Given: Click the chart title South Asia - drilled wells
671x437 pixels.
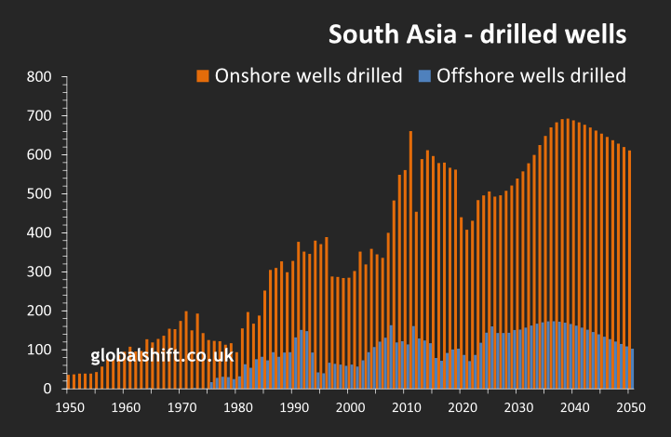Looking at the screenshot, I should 476,34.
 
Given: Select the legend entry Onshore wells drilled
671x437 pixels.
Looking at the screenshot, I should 308,75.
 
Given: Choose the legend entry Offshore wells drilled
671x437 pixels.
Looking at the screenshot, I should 531,75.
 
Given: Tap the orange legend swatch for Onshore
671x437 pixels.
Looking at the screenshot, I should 202,75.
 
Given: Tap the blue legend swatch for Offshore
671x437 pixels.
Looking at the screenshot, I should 423,75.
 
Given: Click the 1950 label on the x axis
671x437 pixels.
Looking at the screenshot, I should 68,407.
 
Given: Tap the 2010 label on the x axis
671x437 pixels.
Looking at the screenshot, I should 405,407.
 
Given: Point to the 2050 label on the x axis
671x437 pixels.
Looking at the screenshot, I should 630,407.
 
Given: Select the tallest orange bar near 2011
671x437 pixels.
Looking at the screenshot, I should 410,232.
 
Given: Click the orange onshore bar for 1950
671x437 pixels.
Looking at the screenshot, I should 68,381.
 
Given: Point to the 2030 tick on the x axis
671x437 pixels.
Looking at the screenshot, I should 517,407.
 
